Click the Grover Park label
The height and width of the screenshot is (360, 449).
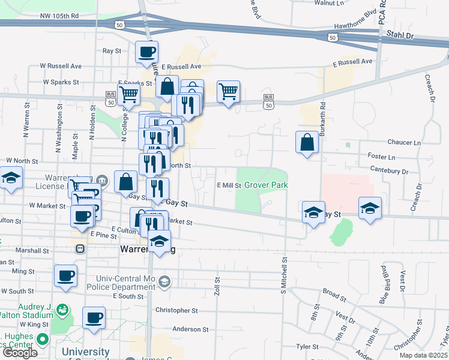pos(265,185)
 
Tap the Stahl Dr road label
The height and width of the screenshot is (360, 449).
pos(401,35)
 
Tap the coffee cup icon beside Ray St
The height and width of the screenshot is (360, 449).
pos(146,52)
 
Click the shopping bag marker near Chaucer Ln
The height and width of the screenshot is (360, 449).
pos(307,142)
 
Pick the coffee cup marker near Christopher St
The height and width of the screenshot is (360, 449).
pos(93,317)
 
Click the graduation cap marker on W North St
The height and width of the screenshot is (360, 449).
pos(10,178)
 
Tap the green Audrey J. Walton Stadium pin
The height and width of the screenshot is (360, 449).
pos(61,310)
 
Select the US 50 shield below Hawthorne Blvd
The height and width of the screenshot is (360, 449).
pos(332,37)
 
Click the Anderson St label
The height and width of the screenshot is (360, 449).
pos(190,329)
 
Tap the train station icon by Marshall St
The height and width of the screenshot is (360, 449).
pos(79,248)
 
